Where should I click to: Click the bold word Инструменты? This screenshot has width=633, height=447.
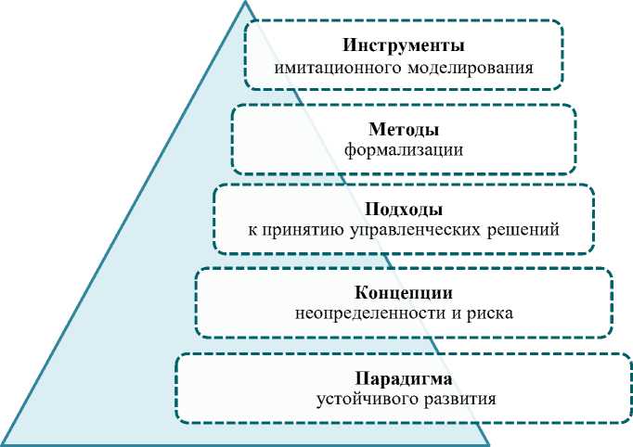pyautogui.click(x=403, y=45)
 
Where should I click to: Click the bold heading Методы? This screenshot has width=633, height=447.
pyautogui.click(x=404, y=128)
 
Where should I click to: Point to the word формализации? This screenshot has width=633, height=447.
pyautogui.click(x=404, y=148)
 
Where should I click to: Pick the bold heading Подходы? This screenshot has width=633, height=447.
pyautogui.click(x=404, y=209)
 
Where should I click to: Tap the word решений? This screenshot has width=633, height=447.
pyautogui.click(x=527, y=229)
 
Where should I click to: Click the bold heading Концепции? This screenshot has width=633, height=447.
pyautogui.click(x=404, y=291)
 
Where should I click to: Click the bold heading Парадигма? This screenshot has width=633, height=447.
pyautogui.click(x=404, y=378)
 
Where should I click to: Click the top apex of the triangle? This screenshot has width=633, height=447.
pyautogui.click(x=246, y=3)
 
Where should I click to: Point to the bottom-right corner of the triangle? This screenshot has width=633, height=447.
pyautogui.click(x=488, y=443)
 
